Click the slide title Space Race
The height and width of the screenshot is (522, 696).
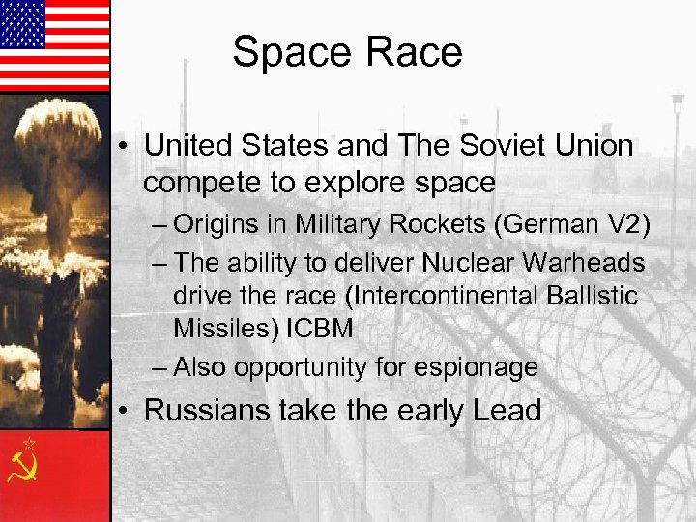click(x=347, y=52)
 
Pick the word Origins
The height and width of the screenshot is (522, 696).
click(x=212, y=227)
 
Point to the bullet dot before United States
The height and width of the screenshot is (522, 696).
click(x=128, y=148)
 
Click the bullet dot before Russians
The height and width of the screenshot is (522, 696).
click(x=128, y=412)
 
